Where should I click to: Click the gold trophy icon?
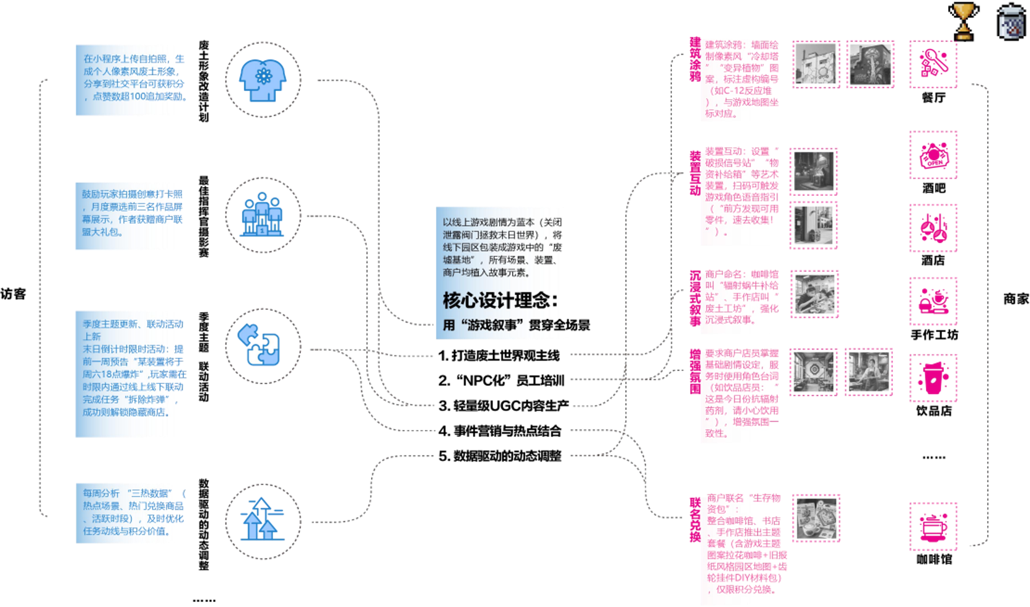pyautogui.click(x=963, y=21)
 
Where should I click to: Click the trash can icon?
pyautogui.click(x=1011, y=22)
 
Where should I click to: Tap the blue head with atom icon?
pyautogui.click(x=263, y=80)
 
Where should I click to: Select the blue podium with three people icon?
pyautogui.click(x=263, y=214)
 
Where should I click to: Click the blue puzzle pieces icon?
pyautogui.click(x=260, y=345)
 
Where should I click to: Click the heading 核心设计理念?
pyautogui.click(x=500, y=300)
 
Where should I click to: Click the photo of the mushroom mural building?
pyautogui.click(x=871, y=64)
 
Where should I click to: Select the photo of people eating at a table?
pyautogui.click(x=815, y=294)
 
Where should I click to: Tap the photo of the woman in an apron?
pyautogui.click(x=868, y=372)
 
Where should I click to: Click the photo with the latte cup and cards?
pyautogui.click(x=816, y=518)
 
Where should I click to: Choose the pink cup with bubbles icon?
pyautogui.click(x=933, y=378)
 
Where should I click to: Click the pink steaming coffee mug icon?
pyautogui.click(x=933, y=526)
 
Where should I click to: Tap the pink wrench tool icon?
pyautogui.click(x=933, y=64)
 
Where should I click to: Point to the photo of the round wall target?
pyautogui.click(x=814, y=372)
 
